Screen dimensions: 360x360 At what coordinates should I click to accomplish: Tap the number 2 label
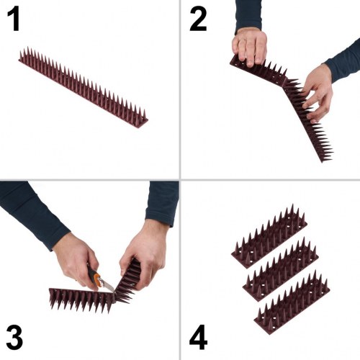pos(198,19)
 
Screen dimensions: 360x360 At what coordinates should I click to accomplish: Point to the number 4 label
pos(199,337)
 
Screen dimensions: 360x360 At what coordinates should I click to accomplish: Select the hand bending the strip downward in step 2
pos(318,90)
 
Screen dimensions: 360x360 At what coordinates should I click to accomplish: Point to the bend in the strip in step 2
pos(283,80)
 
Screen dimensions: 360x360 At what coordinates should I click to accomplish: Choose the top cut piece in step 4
pos(269,237)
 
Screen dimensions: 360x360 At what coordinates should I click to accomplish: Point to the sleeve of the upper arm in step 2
pos(248,14)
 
